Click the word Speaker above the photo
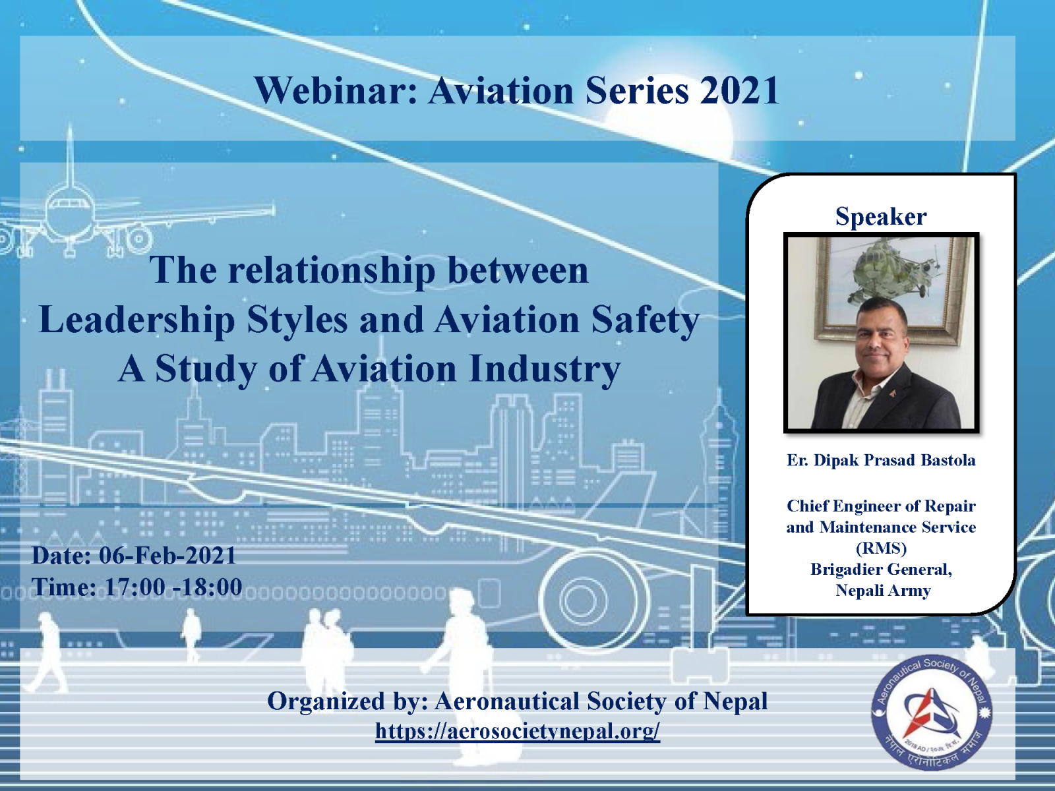pyautogui.click(x=881, y=216)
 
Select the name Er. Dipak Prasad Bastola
pyautogui.click(x=881, y=460)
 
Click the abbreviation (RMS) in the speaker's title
pyautogui.click(x=881, y=548)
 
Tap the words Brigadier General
pyautogui.click(x=881, y=569)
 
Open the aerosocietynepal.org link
pyautogui.click(x=518, y=731)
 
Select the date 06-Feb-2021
pyautogui.click(x=167, y=556)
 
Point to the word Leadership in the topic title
pyautogui.click(x=136, y=320)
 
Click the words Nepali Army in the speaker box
pyautogui.click(x=883, y=590)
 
